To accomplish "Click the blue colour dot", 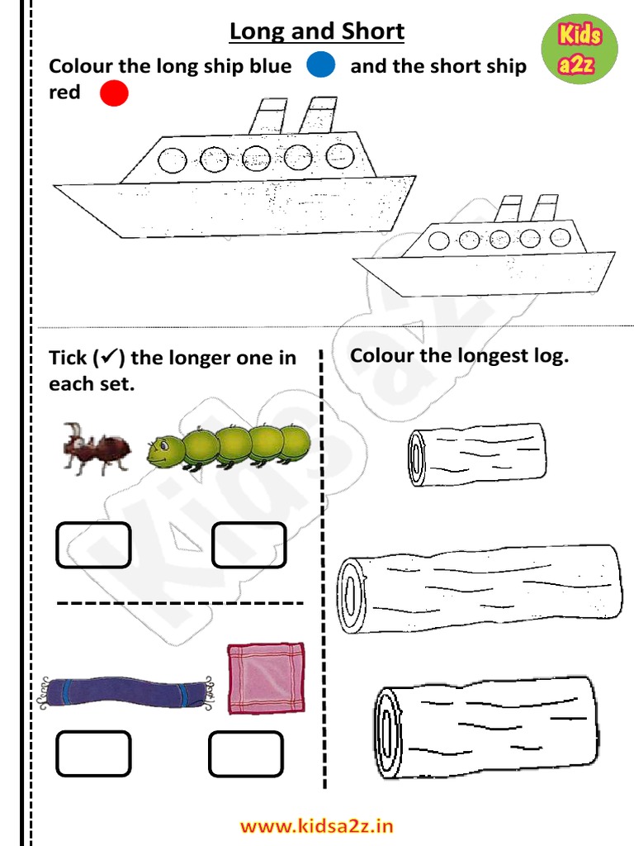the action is pyautogui.click(x=321, y=64).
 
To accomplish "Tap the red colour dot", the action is pyautogui.click(x=114, y=93).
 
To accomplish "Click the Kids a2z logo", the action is pyautogui.click(x=579, y=49).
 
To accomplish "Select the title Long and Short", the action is pyautogui.click(x=317, y=31).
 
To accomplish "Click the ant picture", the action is pyautogui.click(x=97, y=449).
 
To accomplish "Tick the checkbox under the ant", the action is pyautogui.click(x=94, y=545).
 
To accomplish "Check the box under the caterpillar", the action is pyautogui.click(x=248, y=545).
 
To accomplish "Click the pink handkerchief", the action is pyautogui.click(x=266, y=678).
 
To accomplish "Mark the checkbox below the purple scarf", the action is pyautogui.click(x=94, y=753).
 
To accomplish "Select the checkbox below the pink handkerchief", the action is pyautogui.click(x=246, y=753).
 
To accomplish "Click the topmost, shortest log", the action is pyautogui.click(x=476, y=454).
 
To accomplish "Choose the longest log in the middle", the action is pyautogui.click(x=480, y=588).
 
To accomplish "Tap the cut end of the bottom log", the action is pyautogui.click(x=388, y=732).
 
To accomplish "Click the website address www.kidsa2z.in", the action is pyautogui.click(x=316, y=826).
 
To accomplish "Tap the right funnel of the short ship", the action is pyautogui.click(x=545, y=207).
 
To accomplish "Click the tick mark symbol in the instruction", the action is pyautogui.click(x=109, y=356).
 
